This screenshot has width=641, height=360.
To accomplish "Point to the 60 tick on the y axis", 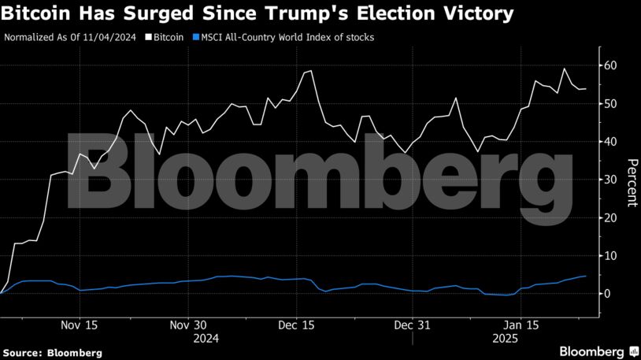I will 610,65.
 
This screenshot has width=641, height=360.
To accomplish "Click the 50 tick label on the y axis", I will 610,103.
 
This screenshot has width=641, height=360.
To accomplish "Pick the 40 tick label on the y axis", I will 610,142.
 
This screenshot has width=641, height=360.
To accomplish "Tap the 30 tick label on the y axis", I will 610,180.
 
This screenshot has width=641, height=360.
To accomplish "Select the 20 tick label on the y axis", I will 610,217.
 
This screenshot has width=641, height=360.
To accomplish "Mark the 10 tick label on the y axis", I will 610,255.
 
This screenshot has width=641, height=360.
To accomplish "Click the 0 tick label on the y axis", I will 606,293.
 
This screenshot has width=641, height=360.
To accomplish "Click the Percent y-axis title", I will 632,182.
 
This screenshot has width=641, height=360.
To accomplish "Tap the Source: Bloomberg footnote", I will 52,353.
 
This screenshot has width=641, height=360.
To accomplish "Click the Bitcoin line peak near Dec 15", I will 311,71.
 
